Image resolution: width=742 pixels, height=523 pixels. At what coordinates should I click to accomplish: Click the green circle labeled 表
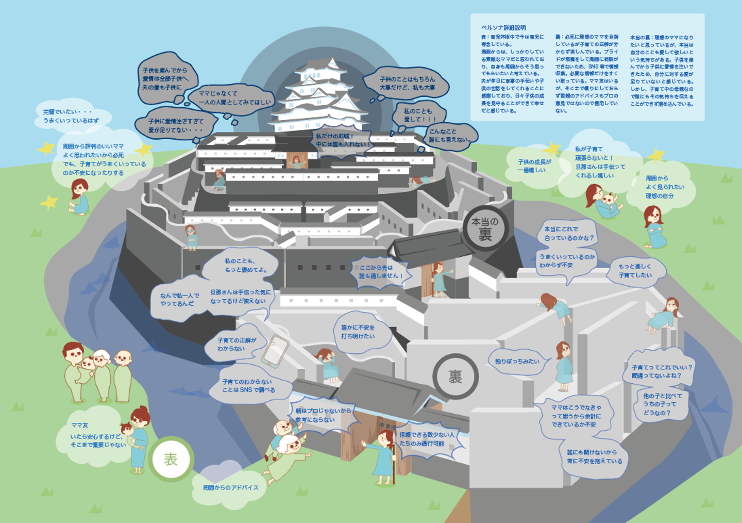click(171, 459)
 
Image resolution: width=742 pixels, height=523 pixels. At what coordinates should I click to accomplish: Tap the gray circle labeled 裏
click(455, 377)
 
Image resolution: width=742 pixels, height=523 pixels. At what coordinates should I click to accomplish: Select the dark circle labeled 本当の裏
click(485, 228)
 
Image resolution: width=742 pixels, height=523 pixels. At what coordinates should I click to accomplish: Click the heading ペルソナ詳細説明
click(503, 28)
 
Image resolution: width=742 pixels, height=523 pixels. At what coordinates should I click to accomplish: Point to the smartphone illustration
click(275, 351)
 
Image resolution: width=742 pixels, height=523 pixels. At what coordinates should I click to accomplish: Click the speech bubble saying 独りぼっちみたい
click(517, 361)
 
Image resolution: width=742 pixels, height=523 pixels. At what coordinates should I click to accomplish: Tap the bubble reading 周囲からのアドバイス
click(230, 487)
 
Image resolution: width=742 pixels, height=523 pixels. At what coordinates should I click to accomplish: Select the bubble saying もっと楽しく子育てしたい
click(635, 271)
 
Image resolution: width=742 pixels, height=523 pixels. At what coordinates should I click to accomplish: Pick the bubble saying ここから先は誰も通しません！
click(380, 272)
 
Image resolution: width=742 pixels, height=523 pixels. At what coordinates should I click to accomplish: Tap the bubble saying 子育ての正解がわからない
click(237, 345)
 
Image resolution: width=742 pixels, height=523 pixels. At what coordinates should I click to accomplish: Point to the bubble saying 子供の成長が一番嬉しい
click(534, 166)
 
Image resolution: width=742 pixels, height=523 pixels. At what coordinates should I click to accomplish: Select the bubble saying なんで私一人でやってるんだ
click(179, 299)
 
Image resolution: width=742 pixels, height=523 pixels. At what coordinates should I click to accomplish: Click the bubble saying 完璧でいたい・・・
click(71, 116)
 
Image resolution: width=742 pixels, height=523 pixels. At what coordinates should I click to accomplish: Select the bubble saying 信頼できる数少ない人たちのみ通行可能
click(427, 439)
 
